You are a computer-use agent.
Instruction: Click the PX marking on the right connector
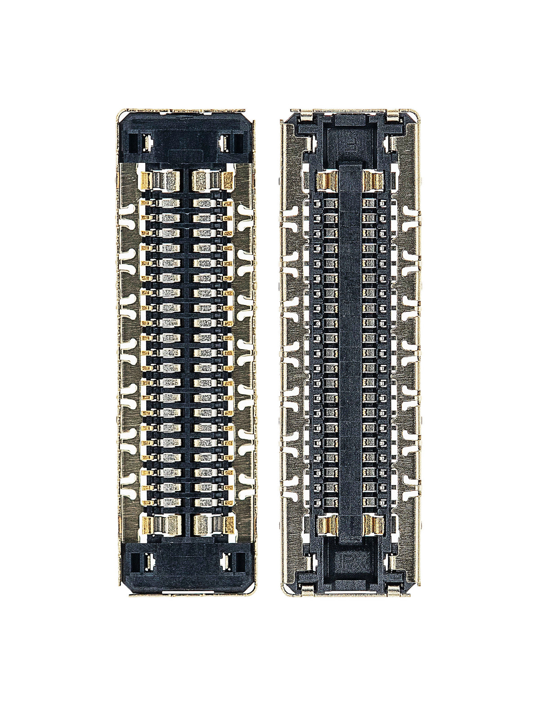[x=351, y=546]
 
